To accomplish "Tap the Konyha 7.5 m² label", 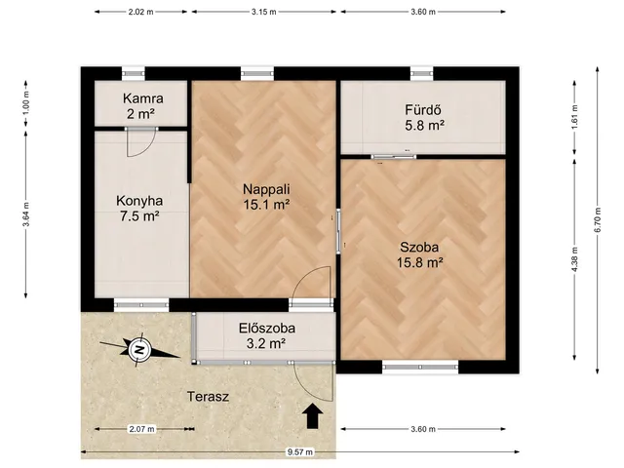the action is tap(139, 209).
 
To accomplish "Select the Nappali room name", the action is tap(266, 188).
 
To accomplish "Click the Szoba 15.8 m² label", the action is tap(420, 254).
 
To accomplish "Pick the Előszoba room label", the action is tap(267, 329).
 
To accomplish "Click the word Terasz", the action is tap(208, 397).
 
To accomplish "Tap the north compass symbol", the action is tap(139, 349).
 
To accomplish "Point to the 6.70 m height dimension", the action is tap(598, 220).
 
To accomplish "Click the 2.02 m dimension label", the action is tap(140, 12).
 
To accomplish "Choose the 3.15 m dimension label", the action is tap(263, 12).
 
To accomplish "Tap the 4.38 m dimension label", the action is tap(574, 260).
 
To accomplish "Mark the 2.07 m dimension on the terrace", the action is tap(141, 429).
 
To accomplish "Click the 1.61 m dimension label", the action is tap(574, 118).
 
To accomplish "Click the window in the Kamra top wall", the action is tap(134, 73).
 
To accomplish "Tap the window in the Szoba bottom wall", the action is tap(420, 367).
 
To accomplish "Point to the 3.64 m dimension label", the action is tap(26, 214).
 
